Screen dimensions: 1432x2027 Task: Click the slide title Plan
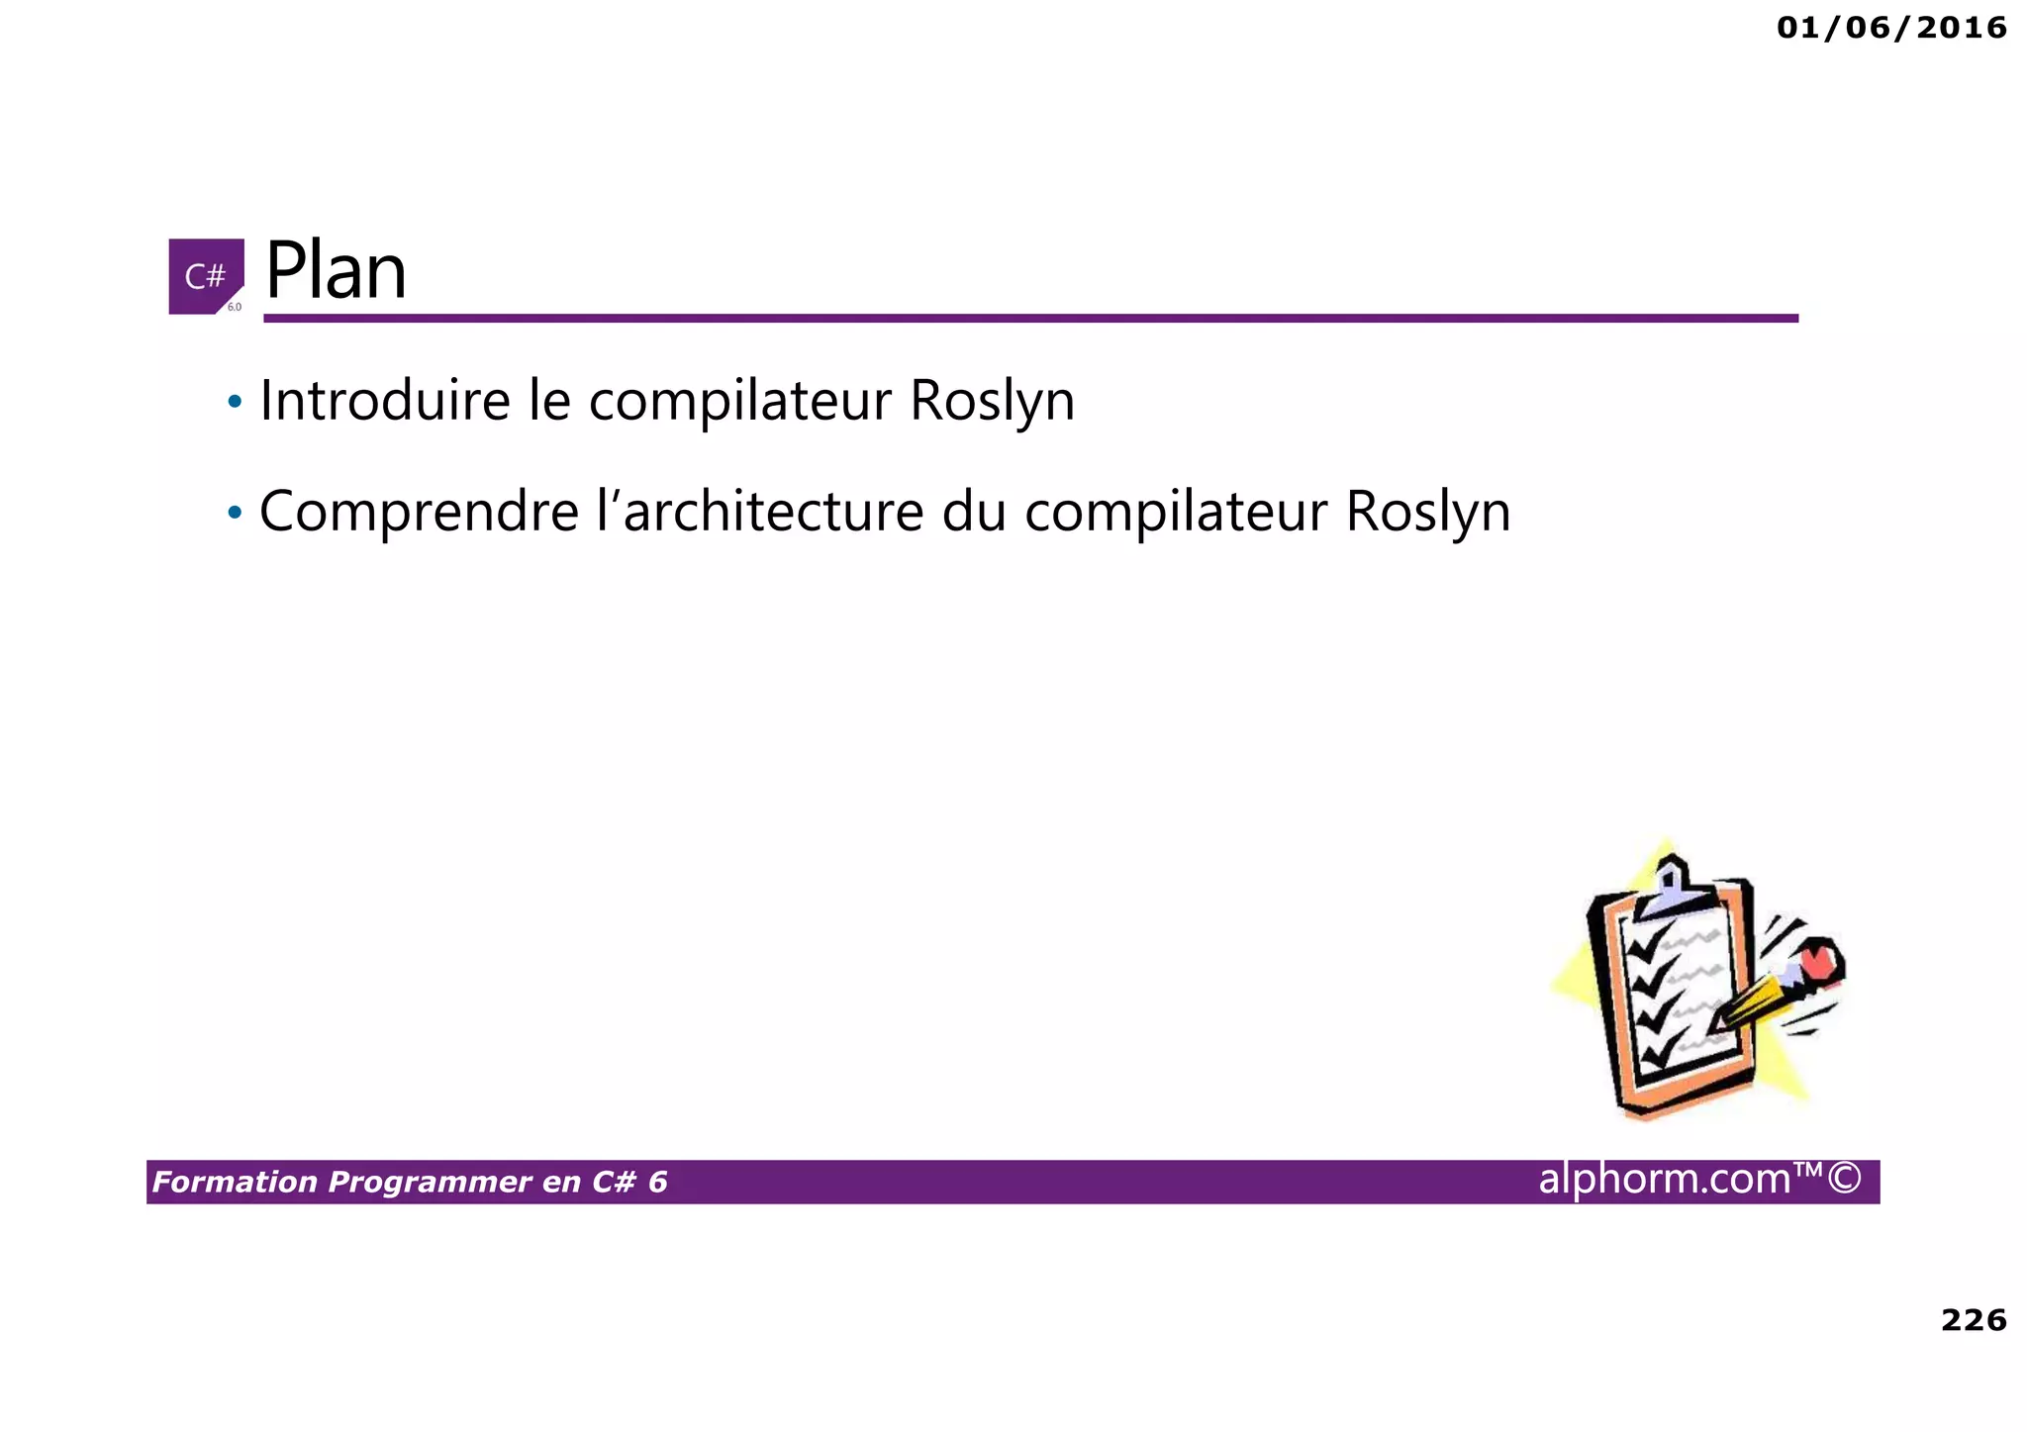click(x=336, y=271)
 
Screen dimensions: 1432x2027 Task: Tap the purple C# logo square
click(x=206, y=276)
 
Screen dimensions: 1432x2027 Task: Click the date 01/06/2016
click(x=1891, y=28)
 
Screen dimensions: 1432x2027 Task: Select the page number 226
click(x=1974, y=1320)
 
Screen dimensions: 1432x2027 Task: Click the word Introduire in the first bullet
click(x=385, y=401)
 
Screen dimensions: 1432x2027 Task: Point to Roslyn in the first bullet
click(x=992, y=401)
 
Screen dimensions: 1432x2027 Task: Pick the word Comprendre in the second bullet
click(x=419, y=512)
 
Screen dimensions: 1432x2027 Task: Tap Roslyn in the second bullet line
click(x=1427, y=512)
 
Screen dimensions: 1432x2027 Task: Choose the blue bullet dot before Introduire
click(x=235, y=402)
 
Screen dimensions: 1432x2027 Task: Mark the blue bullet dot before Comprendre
click(x=235, y=513)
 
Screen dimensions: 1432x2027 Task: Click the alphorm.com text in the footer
click(x=1665, y=1179)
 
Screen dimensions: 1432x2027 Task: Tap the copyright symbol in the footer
click(x=1845, y=1179)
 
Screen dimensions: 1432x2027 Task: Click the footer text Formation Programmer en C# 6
click(x=410, y=1182)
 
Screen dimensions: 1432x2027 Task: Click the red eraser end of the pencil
click(x=1818, y=960)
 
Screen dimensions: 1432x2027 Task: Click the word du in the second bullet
click(x=973, y=512)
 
